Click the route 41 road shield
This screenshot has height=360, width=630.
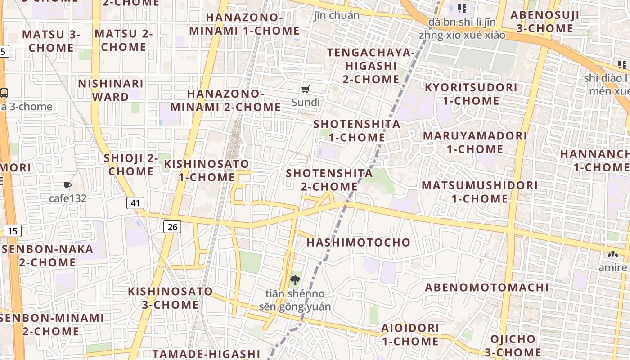tap(135, 203)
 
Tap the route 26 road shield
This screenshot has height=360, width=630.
tap(172, 227)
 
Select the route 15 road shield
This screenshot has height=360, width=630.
tap(13, 231)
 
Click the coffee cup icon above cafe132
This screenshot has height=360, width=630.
tap(67, 185)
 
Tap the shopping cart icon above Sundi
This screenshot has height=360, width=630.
tap(306, 89)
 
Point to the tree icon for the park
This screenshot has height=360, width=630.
tap(295, 280)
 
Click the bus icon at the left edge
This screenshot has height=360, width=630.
tap(4, 93)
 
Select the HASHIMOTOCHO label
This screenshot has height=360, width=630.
tap(359, 243)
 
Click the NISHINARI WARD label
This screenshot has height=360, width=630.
tap(111, 90)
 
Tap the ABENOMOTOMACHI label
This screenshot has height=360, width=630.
tap(487, 288)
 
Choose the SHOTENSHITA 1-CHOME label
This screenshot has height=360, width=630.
tap(357, 130)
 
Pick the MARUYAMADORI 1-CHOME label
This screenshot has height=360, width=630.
tap(475, 142)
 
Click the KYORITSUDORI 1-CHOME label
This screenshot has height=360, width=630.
tap(471, 94)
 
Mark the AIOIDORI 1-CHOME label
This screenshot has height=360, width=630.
tap(410, 334)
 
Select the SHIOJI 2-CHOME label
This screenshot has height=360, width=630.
tap(131, 165)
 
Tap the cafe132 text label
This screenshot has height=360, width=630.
tap(67, 198)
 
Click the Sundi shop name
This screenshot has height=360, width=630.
tap(306, 102)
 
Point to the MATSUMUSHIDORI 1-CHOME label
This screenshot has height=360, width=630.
tap(480, 192)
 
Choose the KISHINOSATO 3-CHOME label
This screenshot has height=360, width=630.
tap(171, 298)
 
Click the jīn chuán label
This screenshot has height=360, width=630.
tap(337, 15)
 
